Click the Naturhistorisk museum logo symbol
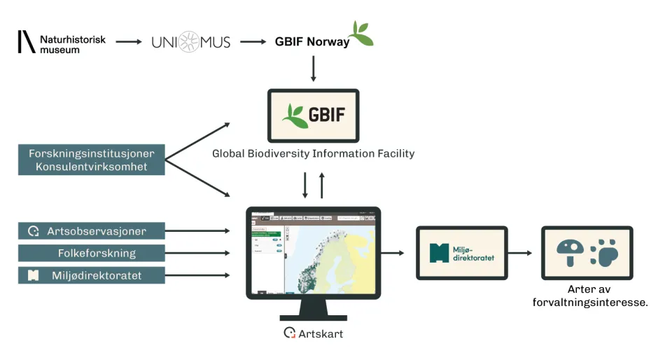(x=26, y=42)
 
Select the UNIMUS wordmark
(x=191, y=43)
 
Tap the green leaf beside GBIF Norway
(x=362, y=34)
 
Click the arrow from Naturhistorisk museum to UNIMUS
(x=129, y=42)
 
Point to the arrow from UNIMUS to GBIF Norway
(x=254, y=42)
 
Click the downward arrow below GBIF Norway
(x=313, y=69)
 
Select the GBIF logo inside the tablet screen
(x=313, y=114)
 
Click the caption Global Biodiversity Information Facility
(x=313, y=153)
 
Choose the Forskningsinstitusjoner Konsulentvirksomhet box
(x=92, y=160)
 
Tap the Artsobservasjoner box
(x=92, y=230)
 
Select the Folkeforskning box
(x=92, y=253)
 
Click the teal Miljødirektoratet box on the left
(x=92, y=275)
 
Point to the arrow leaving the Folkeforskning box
(x=197, y=253)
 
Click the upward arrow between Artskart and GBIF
(x=322, y=186)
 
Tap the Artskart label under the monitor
(x=314, y=333)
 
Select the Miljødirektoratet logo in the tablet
(x=461, y=253)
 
